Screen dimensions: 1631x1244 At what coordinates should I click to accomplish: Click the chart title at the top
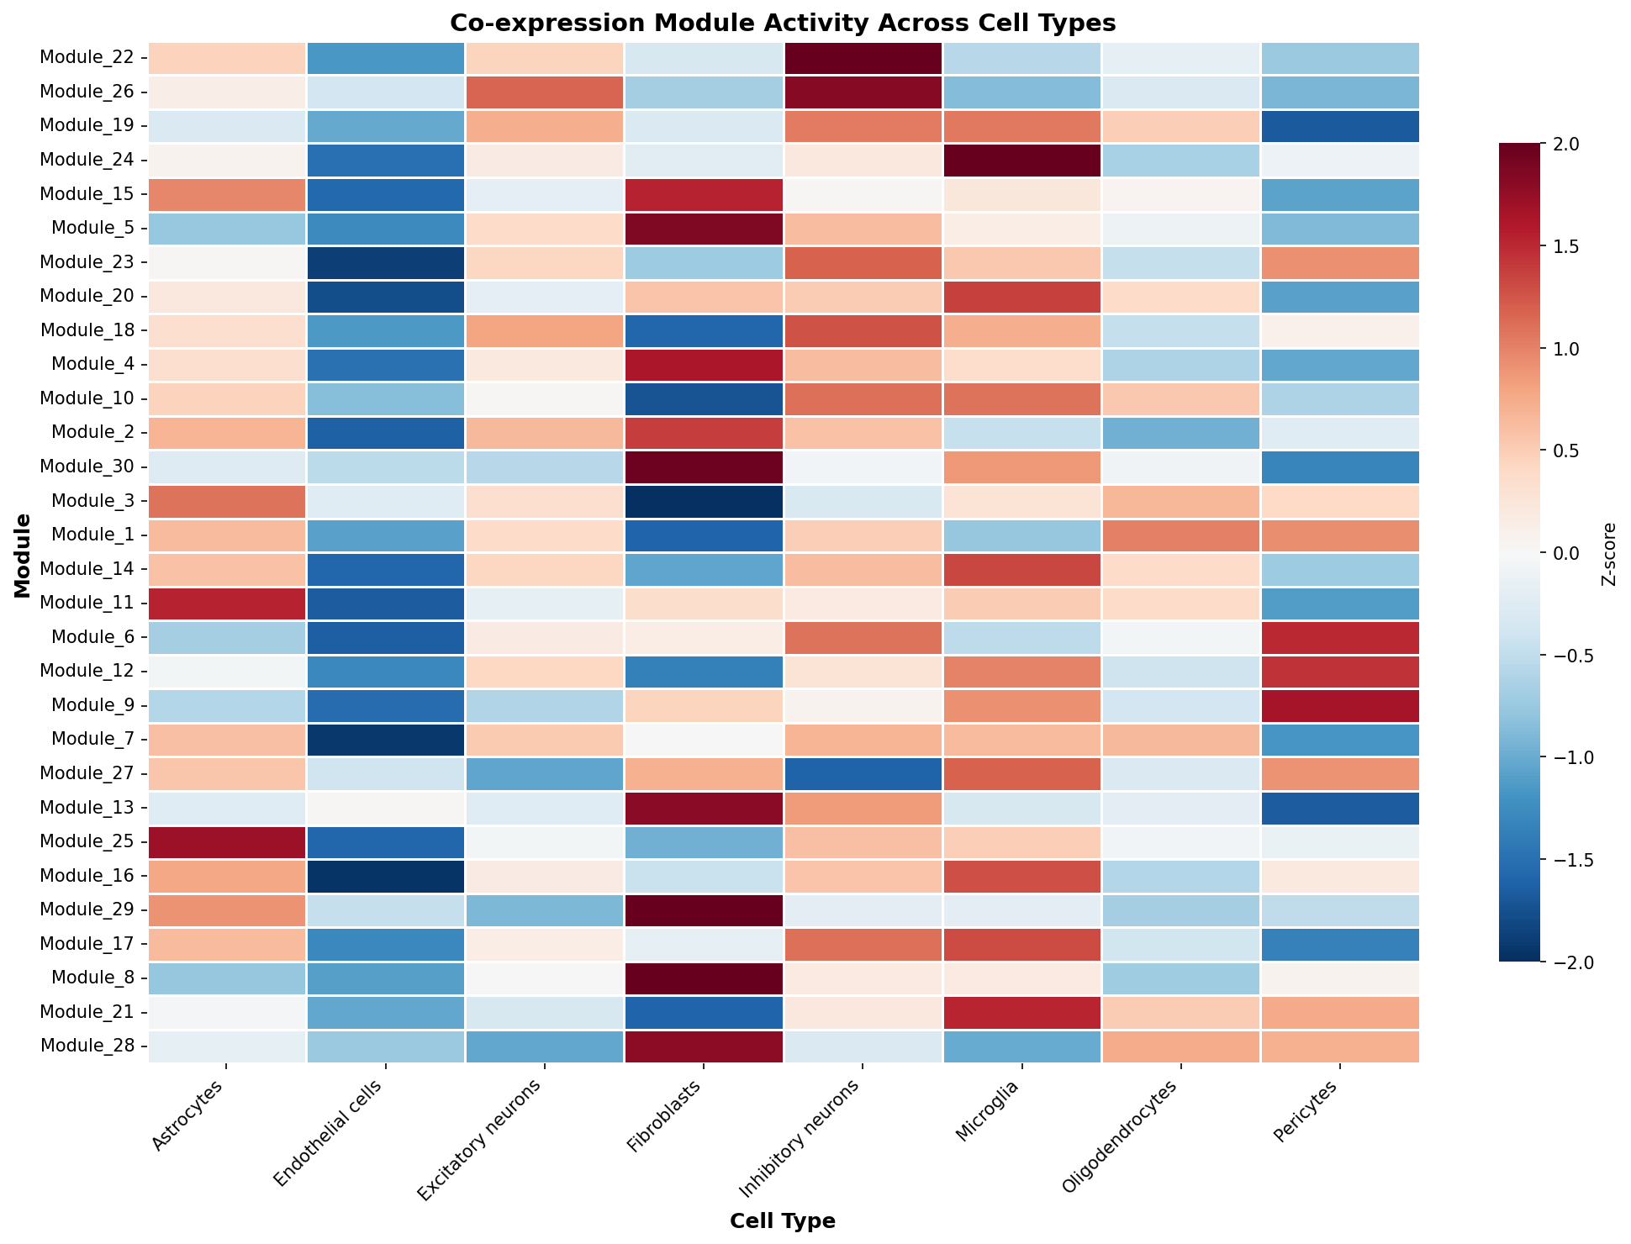coord(783,23)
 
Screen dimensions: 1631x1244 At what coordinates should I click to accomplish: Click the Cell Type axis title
coord(783,1221)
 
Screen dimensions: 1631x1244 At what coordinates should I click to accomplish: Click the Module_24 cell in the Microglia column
coord(1022,161)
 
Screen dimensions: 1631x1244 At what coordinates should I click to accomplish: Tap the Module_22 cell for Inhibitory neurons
coord(863,58)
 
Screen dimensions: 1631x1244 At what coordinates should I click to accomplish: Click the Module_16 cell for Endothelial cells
coord(387,875)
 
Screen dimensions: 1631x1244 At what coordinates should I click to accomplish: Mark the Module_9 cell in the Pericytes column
coord(1341,705)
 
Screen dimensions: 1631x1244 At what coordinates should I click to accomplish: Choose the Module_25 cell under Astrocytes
coord(228,841)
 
